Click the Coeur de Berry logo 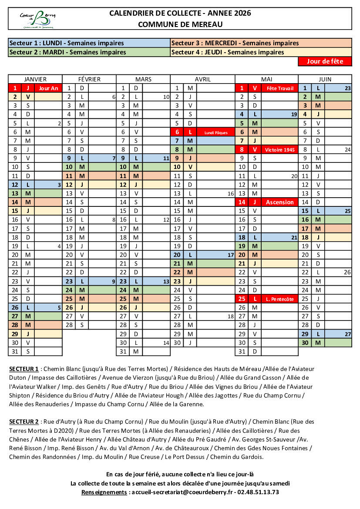click(37, 19)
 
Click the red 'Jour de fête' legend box click(325, 61)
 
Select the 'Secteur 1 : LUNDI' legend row click(89, 43)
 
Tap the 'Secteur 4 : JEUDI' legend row click(261, 52)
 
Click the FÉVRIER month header click(89, 79)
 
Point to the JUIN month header click(325, 79)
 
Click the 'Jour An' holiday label click(48, 88)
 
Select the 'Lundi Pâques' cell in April click(216, 132)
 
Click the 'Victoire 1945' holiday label click(279, 149)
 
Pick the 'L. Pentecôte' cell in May click(279, 299)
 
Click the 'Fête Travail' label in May click(279, 88)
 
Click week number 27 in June click(347, 334)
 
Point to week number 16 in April click(231, 193)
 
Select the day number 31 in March click(123, 351)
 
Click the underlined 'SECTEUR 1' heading click(24, 369)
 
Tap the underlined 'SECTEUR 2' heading click(24, 421)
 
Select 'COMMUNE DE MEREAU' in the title click(180, 24)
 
